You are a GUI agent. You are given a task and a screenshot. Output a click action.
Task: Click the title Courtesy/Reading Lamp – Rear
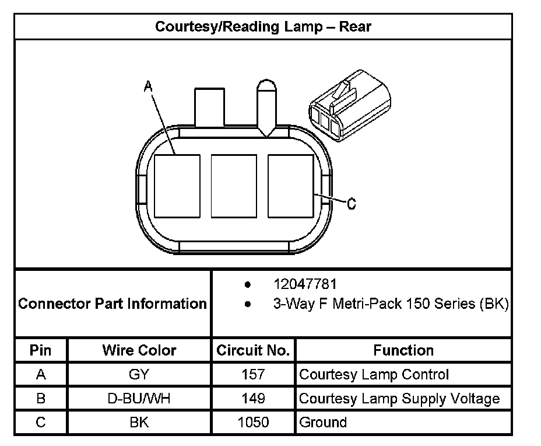click(x=263, y=26)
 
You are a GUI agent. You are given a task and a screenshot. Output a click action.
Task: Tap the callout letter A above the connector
click(x=148, y=87)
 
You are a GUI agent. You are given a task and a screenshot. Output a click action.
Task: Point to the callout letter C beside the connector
click(x=351, y=204)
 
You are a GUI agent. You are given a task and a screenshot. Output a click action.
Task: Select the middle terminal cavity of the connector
click(x=234, y=186)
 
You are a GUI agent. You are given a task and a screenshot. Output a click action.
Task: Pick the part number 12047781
click(x=305, y=284)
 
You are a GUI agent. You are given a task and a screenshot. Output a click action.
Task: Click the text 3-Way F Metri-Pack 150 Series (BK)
click(x=391, y=304)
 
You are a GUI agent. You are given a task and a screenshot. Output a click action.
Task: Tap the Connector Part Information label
click(x=113, y=304)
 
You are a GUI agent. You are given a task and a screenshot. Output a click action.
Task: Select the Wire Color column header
click(x=139, y=350)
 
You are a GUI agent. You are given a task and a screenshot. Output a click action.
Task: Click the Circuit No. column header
click(x=253, y=350)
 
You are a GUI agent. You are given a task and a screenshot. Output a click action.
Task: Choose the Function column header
click(x=403, y=350)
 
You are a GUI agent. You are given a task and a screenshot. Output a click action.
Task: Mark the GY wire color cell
click(x=139, y=375)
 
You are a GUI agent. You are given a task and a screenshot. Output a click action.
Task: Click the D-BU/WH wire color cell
click(x=139, y=399)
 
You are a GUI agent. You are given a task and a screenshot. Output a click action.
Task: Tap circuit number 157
click(x=253, y=375)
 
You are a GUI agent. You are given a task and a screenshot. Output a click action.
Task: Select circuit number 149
click(x=253, y=399)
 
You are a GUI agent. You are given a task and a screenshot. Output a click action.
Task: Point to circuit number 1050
click(x=253, y=422)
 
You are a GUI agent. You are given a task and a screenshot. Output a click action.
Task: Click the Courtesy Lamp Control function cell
click(x=374, y=375)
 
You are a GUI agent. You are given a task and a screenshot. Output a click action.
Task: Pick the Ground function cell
click(x=323, y=422)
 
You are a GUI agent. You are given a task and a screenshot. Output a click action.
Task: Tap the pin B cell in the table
click(x=41, y=399)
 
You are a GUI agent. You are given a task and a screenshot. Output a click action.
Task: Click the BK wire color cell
click(x=139, y=422)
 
